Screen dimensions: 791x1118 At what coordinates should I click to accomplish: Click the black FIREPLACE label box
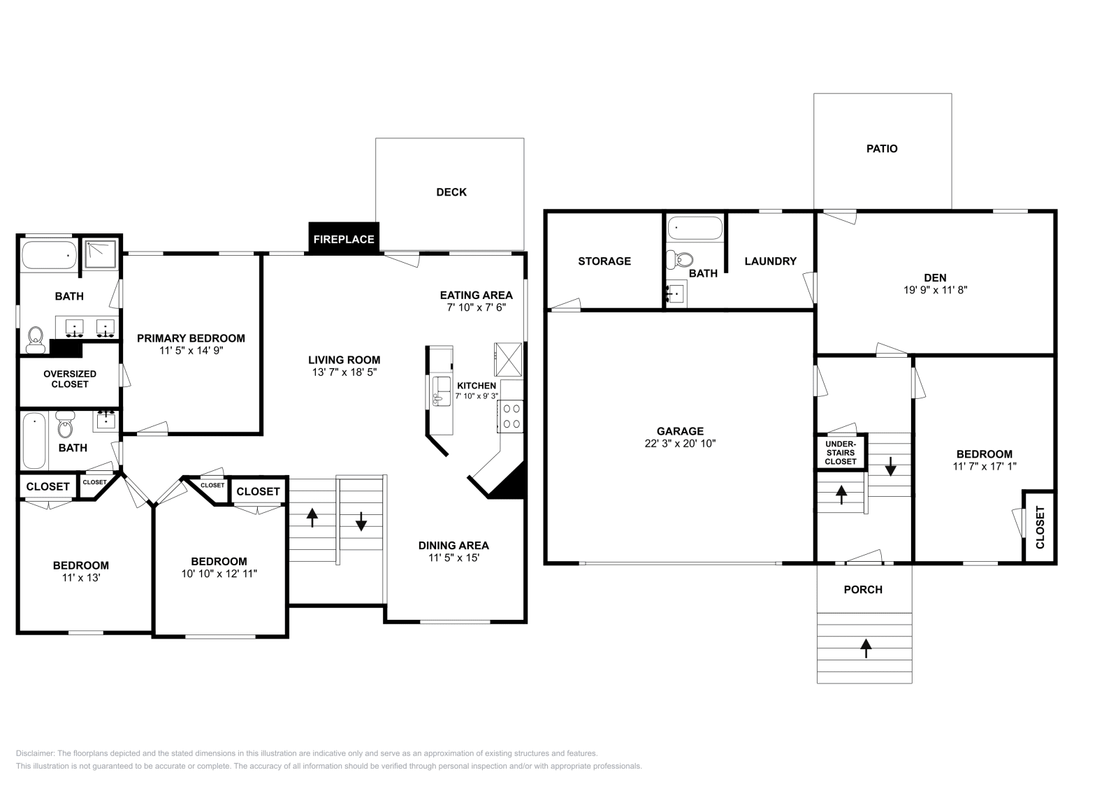click(344, 239)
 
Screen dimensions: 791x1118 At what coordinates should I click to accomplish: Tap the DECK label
click(451, 192)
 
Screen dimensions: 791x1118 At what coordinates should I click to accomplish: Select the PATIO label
click(882, 149)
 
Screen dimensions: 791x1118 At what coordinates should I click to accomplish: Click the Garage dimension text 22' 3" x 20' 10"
click(680, 443)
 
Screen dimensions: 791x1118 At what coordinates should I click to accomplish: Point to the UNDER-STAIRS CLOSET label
click(841, 453)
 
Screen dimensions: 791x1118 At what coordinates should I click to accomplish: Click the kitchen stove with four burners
click(511, 416)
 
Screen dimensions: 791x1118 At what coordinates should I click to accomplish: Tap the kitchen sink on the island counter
click(442, 389)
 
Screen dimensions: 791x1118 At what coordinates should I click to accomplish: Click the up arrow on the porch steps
click(866, 648)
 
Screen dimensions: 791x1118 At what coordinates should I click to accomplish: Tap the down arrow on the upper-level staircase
click(361, 521)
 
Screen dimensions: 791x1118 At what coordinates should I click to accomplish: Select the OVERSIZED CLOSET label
click(70, 379)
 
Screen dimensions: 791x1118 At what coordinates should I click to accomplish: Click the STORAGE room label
click(604, 261)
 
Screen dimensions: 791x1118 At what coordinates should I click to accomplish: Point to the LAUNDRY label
click(770, 261)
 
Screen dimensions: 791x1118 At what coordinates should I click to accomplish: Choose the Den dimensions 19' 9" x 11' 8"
click(934, 289)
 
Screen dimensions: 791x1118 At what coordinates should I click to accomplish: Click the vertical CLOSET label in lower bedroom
click(1039, 527)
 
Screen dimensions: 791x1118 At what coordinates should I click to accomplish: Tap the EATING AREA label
click(476, 295)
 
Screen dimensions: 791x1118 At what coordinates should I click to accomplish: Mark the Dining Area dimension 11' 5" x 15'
click(453, 558)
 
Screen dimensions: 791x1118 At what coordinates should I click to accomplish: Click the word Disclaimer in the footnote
click(34, 753)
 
